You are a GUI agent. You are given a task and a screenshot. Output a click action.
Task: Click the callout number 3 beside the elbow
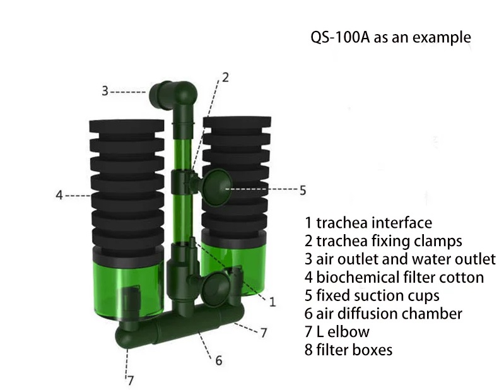105,91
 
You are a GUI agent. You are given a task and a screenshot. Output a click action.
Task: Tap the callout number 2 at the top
225,78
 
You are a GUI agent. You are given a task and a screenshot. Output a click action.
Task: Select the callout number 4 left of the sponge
59,195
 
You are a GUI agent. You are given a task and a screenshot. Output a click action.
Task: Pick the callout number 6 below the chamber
218,360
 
